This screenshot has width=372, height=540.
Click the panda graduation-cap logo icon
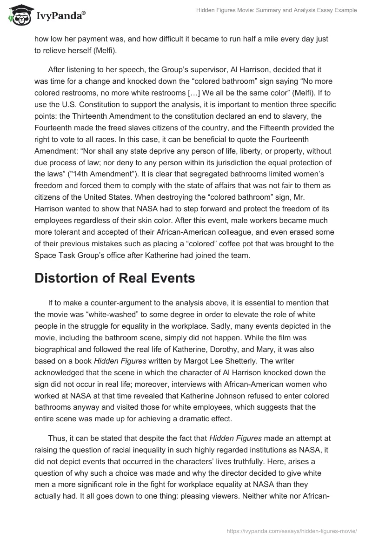coord(18,16)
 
